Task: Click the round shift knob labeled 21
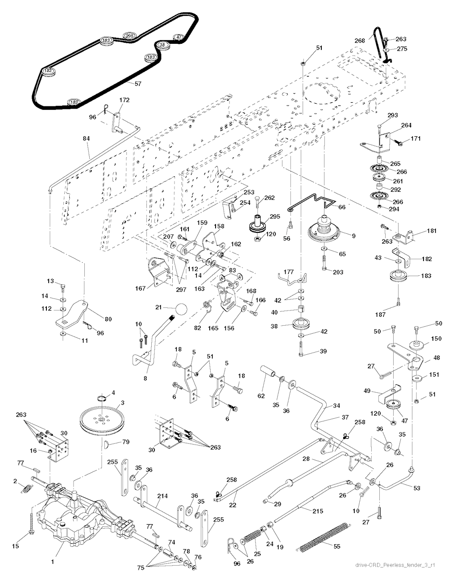pos(182,309)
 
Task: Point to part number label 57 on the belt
pos(137,84)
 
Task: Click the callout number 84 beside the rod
pos(86,139)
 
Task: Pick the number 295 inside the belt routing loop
pos(129,36)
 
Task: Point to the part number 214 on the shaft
pos(163,496)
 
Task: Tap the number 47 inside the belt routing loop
pos(179,37)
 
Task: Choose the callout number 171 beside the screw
pos(415,139)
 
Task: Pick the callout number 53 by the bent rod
pos(416,488)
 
